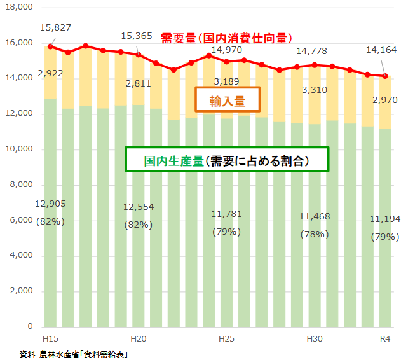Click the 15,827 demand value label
pyautogui.click(x=55, y=28)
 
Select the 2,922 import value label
pyautogui.click(x=50, y=74)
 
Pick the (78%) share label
pyautogui.click(x=315, y=233)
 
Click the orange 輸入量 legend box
pyautogui.click(x=228, y=100)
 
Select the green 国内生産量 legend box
pyautogui.click(x=227, y=160)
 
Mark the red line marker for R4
pyautogui.click(x=385, y=76)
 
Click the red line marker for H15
pyautogui.click(x=50, y=46)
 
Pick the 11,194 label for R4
pyautogui.click(x=385, y=219)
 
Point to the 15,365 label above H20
pyautogui.click(x=137, y=36)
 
